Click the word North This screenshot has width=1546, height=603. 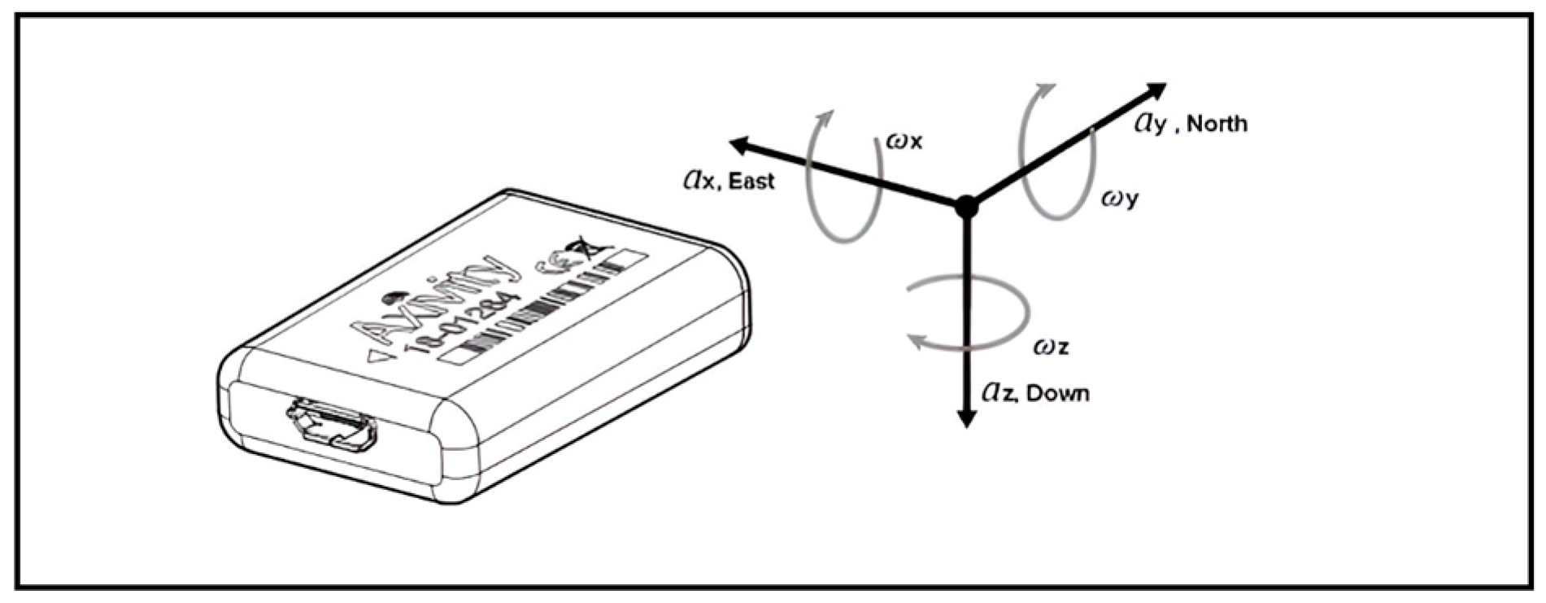[1217, 124]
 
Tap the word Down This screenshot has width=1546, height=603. [1057, 395]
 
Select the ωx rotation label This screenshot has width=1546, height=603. [904, 142]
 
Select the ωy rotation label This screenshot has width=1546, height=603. [1120, 198]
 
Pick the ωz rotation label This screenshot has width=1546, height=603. [1050, 347]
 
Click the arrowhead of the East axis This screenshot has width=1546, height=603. [738, 146]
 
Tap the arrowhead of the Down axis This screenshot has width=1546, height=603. [966, 419]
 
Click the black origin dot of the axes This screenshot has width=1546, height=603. [966, 206]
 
